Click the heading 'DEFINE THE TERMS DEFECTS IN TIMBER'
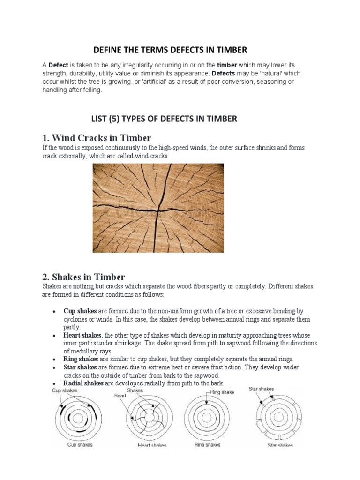coord(170,50)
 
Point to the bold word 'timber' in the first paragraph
coord(228,65)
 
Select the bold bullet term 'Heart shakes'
coord(82,335)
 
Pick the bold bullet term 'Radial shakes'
coord(83,383)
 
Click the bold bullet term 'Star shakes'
coord(81,367)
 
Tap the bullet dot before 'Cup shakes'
coord(54,311)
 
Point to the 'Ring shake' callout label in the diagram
coord(222,392)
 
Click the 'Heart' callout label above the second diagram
coord(120,395)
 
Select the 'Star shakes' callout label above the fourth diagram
coord(261,389)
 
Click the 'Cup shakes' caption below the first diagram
coord(80,444)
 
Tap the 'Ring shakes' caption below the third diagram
coord(207,444)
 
